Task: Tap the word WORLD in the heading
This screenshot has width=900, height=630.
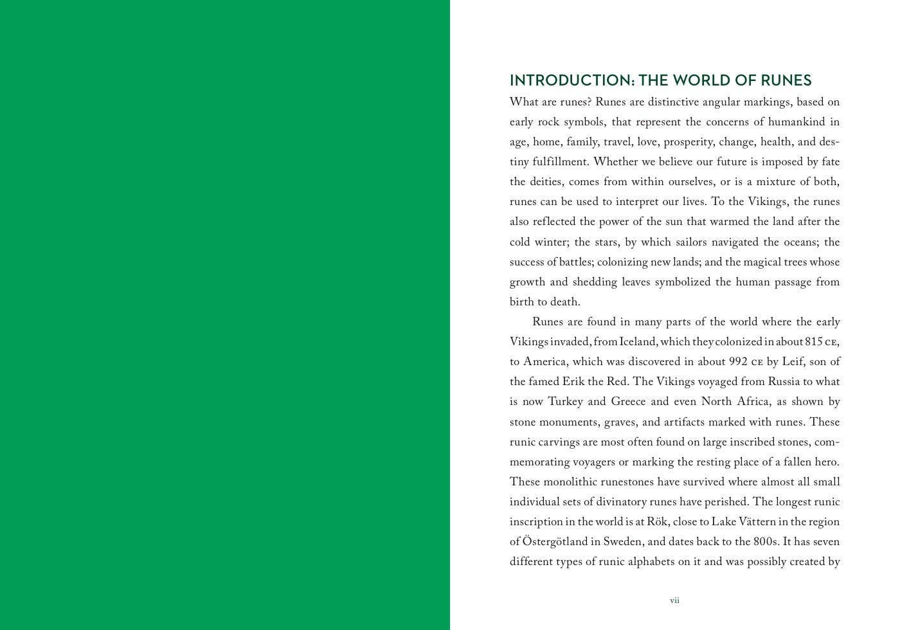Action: [x=703, y=80]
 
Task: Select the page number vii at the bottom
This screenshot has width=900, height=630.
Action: [x=674, y=600]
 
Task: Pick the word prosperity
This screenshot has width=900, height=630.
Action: [x=688, y=142]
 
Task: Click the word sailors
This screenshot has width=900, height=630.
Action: [x=692, y=242]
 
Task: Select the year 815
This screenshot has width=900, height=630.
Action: [x=814, y=342]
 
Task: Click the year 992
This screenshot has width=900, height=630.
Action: [x=738, y=362]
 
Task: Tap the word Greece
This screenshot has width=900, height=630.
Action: [x=628, y=402]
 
